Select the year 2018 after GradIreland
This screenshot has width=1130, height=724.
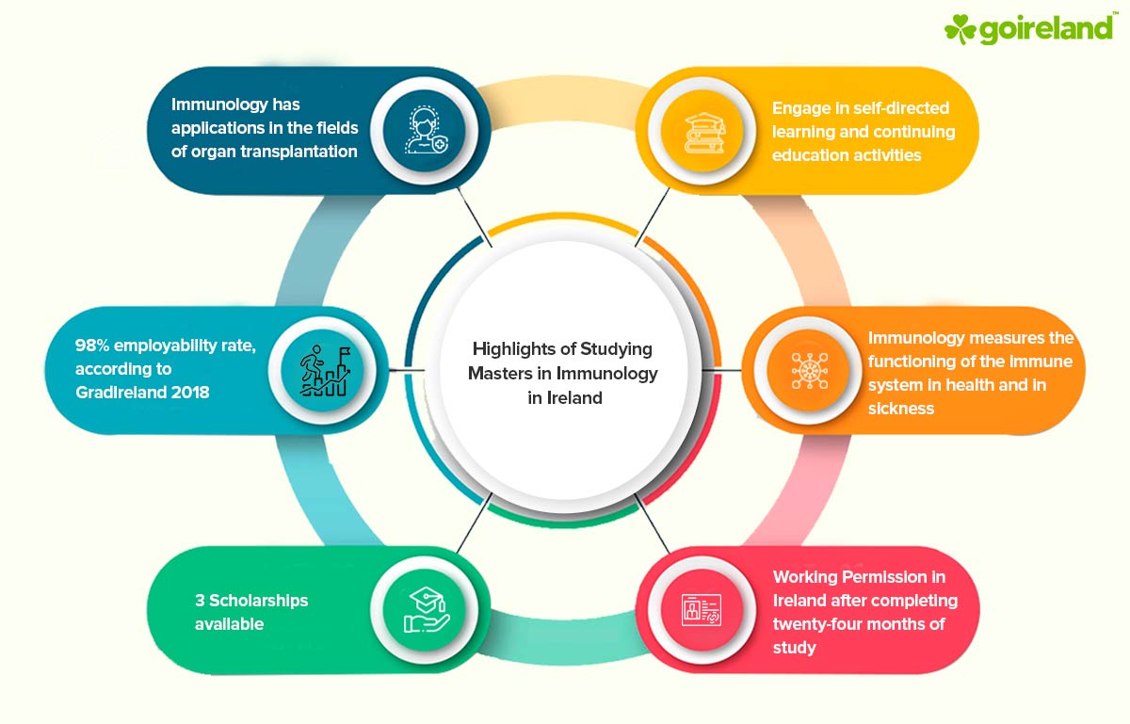point(187,392)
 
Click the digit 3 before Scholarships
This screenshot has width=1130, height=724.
point(200,601)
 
